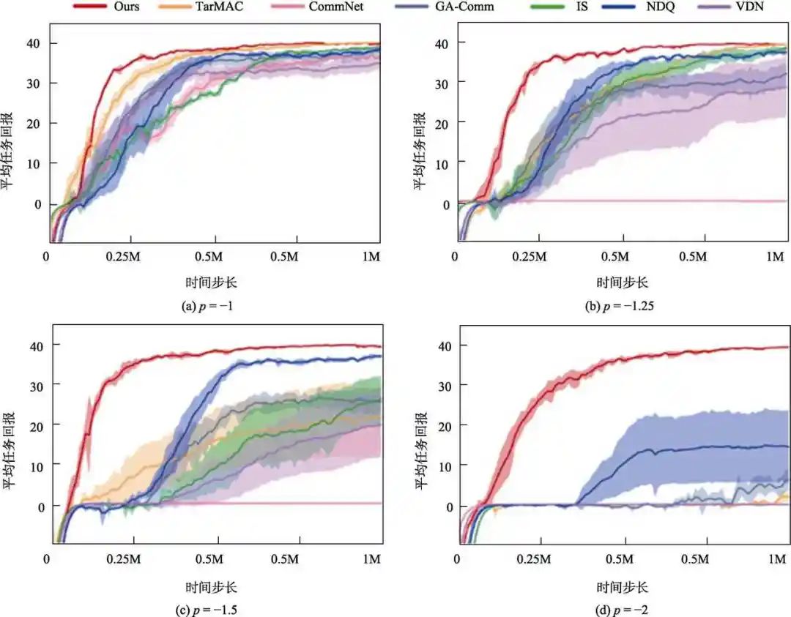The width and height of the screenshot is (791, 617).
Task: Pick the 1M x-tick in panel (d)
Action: pos(775,559)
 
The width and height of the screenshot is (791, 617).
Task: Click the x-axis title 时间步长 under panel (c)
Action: pos(212,587)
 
